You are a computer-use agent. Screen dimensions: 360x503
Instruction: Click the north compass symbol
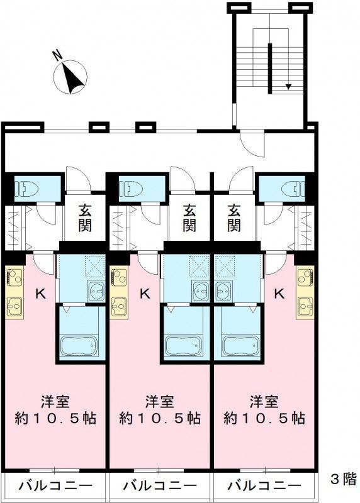tap(70, 77)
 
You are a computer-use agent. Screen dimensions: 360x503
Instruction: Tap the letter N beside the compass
tap(58, 56)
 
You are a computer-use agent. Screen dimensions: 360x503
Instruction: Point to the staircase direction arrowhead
tap(288, 86)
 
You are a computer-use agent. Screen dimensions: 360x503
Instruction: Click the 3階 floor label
tap(343, 479)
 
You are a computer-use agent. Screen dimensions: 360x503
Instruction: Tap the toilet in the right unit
tap(293, 189)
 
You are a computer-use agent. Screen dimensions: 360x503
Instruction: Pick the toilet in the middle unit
tap(133, 189)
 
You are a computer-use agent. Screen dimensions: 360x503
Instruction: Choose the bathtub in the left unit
tap(79, 346)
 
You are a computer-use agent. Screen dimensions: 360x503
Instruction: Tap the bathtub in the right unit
tap(241, 346)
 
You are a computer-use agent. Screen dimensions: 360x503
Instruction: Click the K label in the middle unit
tap(145, 293)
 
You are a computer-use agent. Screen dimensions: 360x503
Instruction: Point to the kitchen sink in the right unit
tap(305, 306)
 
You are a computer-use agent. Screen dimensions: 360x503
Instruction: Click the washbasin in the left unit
tap(96, 291)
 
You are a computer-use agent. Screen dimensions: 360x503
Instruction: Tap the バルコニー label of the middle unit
tap(160, 485)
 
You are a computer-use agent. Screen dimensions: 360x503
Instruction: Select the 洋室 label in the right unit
tap(264, 402)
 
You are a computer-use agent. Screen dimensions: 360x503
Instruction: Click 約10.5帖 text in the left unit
tap(55, 419)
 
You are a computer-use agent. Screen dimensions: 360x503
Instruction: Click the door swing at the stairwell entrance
tap(252, 145)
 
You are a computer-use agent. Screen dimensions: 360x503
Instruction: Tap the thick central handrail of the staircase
tap(270, 69)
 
